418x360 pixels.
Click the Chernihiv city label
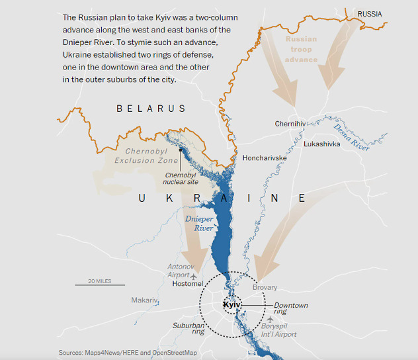pos(290,124)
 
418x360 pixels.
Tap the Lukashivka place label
pos(322,144)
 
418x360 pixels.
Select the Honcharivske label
pos(265,158)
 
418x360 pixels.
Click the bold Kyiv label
pos(232,305)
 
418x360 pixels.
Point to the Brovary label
pos(265,288)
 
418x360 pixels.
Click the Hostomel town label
pos(188,284)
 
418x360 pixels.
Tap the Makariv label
pos(145,300)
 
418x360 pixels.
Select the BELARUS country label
pos(151,109)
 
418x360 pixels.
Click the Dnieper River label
pos(199,223)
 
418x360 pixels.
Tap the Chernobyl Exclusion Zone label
pos(146,156)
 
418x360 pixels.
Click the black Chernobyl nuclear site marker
pos(180,150)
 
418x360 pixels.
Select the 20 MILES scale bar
pos(99,285)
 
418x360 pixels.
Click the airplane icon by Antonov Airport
pos(193,275)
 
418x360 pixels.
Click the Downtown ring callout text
pos(291,308)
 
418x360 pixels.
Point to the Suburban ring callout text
pos(188,329)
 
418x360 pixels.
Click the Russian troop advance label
pos(301,49)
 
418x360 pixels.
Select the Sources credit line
pos(128,353)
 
